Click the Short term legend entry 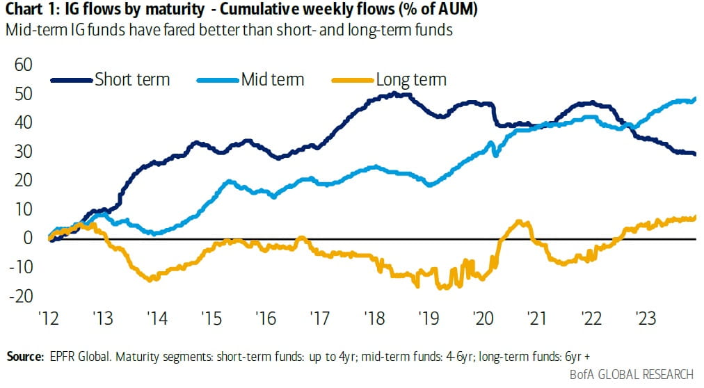[131, 79]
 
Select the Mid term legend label [272, 79]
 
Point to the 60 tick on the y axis [24, 65]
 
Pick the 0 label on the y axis [29, 238]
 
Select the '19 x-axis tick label [429, 318]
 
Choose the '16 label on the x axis [265, 318]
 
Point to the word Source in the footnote [25, 357]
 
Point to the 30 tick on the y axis [24, 152]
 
